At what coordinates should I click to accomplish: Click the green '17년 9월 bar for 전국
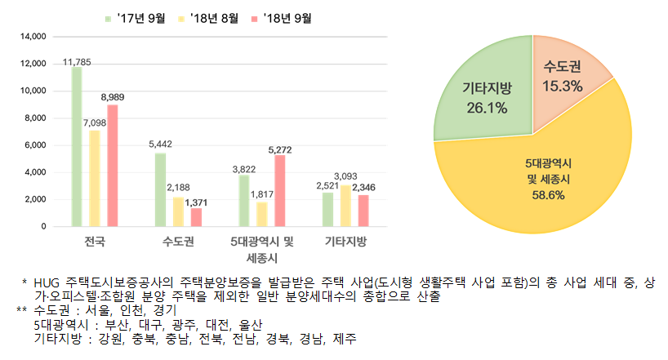(77, 146)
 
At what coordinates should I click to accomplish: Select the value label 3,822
(244, 168)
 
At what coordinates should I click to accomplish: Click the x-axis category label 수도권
(179, 242)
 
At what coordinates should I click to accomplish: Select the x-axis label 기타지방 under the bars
(345, 242)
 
